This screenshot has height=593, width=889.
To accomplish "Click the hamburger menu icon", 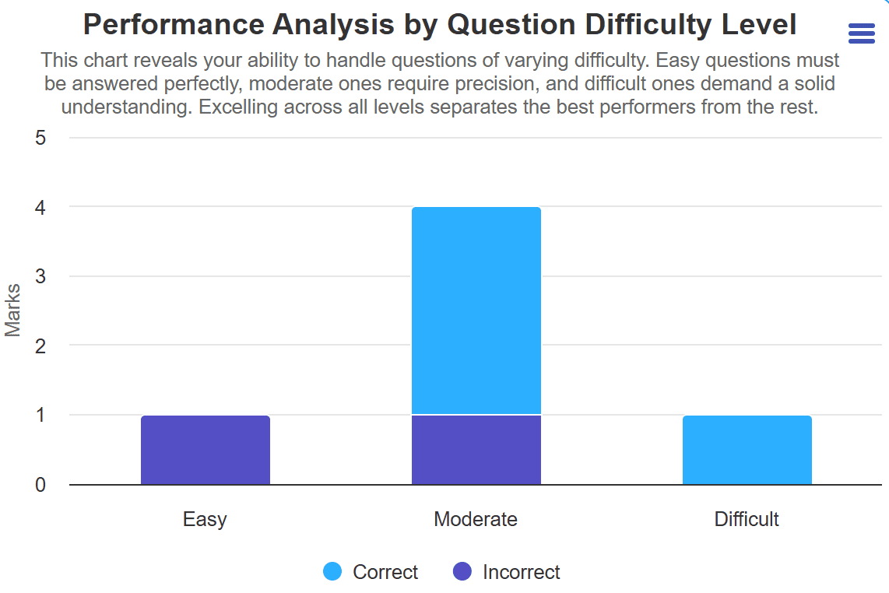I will (861, 33).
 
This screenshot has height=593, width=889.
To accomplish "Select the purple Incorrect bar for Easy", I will (205, 450).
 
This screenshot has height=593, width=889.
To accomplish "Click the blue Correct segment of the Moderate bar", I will (476, 311).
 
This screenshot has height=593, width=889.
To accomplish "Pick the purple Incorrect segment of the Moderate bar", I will (476, 450).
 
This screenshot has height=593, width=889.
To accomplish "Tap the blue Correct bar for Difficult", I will (747, 450).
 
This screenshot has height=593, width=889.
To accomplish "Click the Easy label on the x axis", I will (205, 519).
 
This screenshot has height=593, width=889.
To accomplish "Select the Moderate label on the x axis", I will (476, 519).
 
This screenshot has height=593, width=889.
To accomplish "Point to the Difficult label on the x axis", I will (747, 519).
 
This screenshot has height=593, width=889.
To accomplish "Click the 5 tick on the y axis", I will (40, 138).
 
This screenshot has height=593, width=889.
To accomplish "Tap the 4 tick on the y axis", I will (40, 208).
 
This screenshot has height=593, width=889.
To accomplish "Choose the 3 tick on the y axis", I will (40, 277).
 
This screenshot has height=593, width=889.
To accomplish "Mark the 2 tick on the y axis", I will (40, 346).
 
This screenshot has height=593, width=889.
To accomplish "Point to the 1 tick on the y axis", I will (40, 416).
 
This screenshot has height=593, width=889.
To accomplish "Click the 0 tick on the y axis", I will (40, 485).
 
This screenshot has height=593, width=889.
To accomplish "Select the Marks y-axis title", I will (13, 311).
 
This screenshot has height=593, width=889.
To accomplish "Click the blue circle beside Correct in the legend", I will (332, 572).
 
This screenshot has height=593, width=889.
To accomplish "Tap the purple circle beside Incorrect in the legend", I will (462, 572).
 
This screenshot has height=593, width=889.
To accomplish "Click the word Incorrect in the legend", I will (521, 572).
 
